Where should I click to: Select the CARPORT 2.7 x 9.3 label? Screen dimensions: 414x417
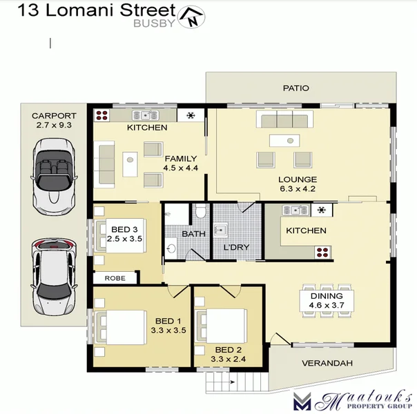(x=54, y=121)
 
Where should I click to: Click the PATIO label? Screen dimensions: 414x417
(x=295, y=88)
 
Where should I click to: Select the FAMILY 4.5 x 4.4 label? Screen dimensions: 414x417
(x=180, y=163)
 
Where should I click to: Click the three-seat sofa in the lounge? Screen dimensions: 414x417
(x=282, y=120)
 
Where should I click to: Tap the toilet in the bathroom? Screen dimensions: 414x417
(x=199, y=210)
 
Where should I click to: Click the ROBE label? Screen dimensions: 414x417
(x=114, y=278)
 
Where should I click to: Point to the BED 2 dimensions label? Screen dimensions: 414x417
(x=227, y=354)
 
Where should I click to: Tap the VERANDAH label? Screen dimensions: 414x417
(x=327, y=364)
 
